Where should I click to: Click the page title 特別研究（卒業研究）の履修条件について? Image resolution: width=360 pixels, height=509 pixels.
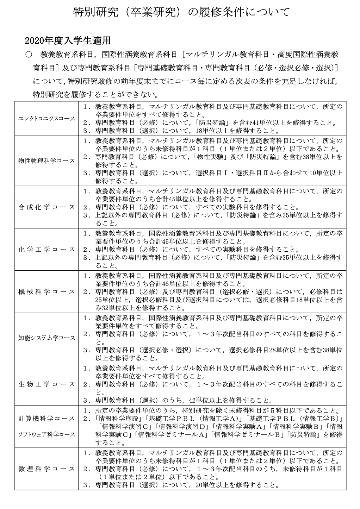pos(181,12)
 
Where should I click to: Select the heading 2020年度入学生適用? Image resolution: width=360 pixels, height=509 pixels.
pos(68,41)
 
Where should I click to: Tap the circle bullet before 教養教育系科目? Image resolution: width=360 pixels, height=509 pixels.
pos(29,55)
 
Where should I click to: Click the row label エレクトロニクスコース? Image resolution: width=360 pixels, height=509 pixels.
pos(47,119)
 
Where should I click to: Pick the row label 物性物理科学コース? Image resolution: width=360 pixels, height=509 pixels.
pos(47,161)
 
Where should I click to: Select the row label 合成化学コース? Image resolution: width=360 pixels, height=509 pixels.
pos(47,207)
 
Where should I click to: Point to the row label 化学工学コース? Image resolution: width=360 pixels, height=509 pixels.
pos(47,249)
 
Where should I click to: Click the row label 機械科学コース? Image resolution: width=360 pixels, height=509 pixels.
pos(47,292)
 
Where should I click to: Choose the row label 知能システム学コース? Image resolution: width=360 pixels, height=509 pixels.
pos(47,338)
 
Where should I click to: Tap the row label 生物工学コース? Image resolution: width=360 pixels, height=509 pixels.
pos(47,384)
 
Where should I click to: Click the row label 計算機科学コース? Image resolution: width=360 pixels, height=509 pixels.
pos(47,419)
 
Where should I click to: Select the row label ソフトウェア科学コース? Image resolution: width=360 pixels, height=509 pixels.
pos(47,434)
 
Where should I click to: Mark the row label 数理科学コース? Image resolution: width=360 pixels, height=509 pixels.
pos(47,469)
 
